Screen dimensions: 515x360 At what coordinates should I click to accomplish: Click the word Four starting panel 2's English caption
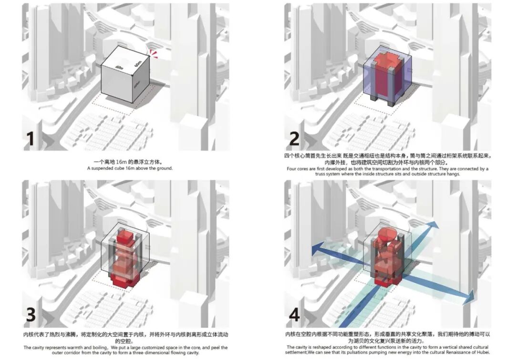(x=292, y=169)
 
